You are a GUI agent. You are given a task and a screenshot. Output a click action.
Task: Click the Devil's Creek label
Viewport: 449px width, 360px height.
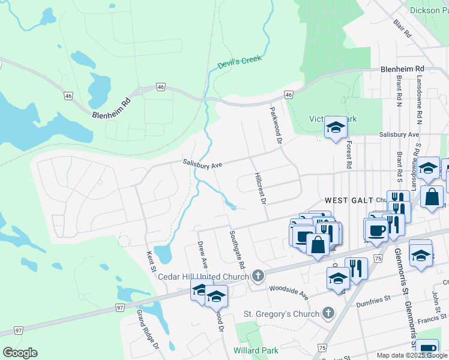point(240,62)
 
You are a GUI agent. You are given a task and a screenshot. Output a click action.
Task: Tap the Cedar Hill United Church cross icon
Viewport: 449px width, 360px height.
point(258,276)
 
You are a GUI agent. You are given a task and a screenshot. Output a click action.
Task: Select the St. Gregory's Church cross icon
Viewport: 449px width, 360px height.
point(328,313)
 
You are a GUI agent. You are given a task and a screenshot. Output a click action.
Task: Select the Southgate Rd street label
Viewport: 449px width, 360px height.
point(237,249)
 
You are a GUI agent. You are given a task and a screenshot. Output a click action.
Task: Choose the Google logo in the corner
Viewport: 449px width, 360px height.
point(20,353)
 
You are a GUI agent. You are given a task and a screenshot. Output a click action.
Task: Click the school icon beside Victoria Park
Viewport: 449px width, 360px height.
point(336,127)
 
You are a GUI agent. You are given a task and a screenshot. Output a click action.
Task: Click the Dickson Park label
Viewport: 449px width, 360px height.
point(429,10)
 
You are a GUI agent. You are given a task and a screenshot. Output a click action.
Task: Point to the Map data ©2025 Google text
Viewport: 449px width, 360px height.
point(412,355)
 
